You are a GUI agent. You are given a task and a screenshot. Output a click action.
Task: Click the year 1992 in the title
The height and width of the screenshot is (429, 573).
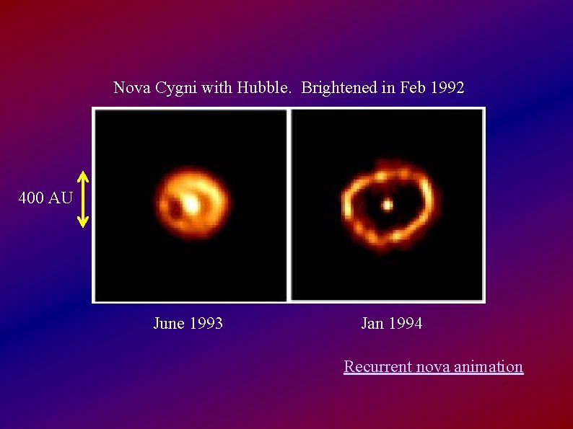(447, 88)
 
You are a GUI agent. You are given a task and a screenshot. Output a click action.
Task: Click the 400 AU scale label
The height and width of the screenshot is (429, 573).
(45, 198)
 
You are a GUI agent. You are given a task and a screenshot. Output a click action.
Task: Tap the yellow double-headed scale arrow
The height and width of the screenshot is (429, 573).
(83, 199)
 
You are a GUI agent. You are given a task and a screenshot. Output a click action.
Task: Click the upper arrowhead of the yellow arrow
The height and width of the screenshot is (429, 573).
(83, 176)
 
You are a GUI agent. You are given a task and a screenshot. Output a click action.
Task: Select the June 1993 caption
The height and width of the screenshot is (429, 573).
(188, 324)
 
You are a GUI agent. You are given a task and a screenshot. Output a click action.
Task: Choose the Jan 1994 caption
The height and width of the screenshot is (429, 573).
(391, 324)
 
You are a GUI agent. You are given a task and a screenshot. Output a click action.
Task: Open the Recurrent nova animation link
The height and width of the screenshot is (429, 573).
(433, 366)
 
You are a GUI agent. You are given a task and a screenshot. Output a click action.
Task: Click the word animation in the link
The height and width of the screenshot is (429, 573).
(489, 366)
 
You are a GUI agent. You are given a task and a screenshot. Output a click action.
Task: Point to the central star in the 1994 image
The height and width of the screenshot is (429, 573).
(387, 205)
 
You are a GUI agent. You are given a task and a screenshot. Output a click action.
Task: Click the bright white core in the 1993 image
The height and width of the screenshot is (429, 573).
(192, 204)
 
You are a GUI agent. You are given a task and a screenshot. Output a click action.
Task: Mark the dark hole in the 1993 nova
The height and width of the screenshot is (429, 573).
(175, 208)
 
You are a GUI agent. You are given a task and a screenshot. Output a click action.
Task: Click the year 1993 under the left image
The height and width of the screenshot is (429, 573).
(206, 324)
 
